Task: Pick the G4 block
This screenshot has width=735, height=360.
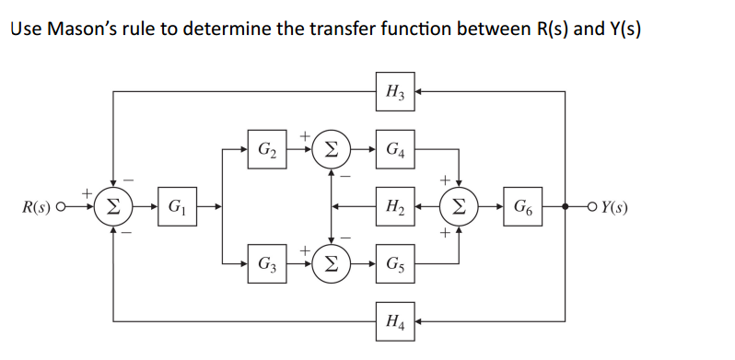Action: point(393,146)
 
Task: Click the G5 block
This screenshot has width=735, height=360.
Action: point(393,261)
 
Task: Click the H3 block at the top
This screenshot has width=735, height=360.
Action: point(393,90)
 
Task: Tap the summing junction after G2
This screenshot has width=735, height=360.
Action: point(330,146)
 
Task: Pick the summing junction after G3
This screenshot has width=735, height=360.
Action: point(330,261)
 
